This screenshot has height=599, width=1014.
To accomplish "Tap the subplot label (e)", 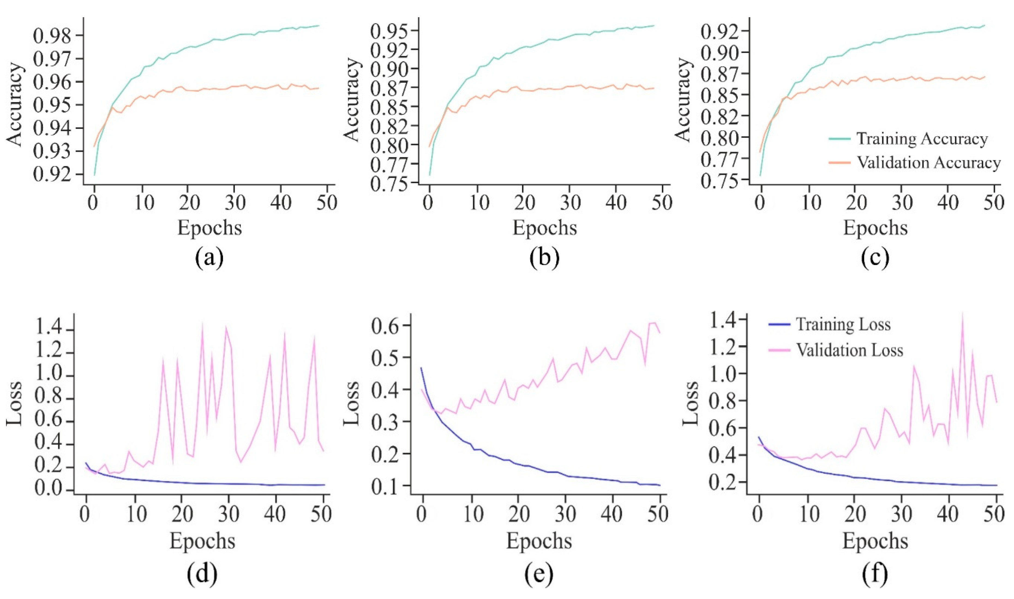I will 539,574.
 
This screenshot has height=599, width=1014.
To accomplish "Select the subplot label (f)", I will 874,574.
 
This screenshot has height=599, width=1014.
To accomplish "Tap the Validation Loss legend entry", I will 849,350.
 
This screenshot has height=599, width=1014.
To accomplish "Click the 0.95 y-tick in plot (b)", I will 389,31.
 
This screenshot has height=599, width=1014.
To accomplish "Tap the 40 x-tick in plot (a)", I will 281,203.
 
